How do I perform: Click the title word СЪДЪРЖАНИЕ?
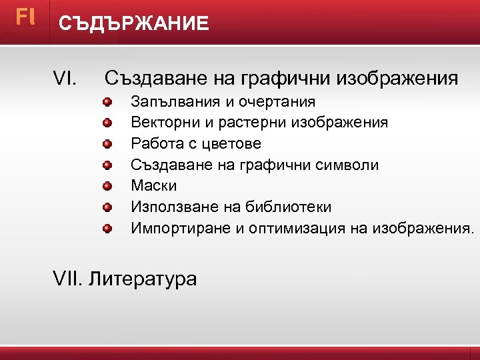tap(133, 24)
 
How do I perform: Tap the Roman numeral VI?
tap(65, 79)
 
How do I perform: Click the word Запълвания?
tap(170, 102)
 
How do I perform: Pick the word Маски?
tap(154, 185)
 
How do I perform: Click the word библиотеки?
tap(290, 207)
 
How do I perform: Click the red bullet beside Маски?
tap(107, 186)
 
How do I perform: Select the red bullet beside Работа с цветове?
tap(107, 144)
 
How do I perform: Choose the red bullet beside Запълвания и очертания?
tap(107, 102)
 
